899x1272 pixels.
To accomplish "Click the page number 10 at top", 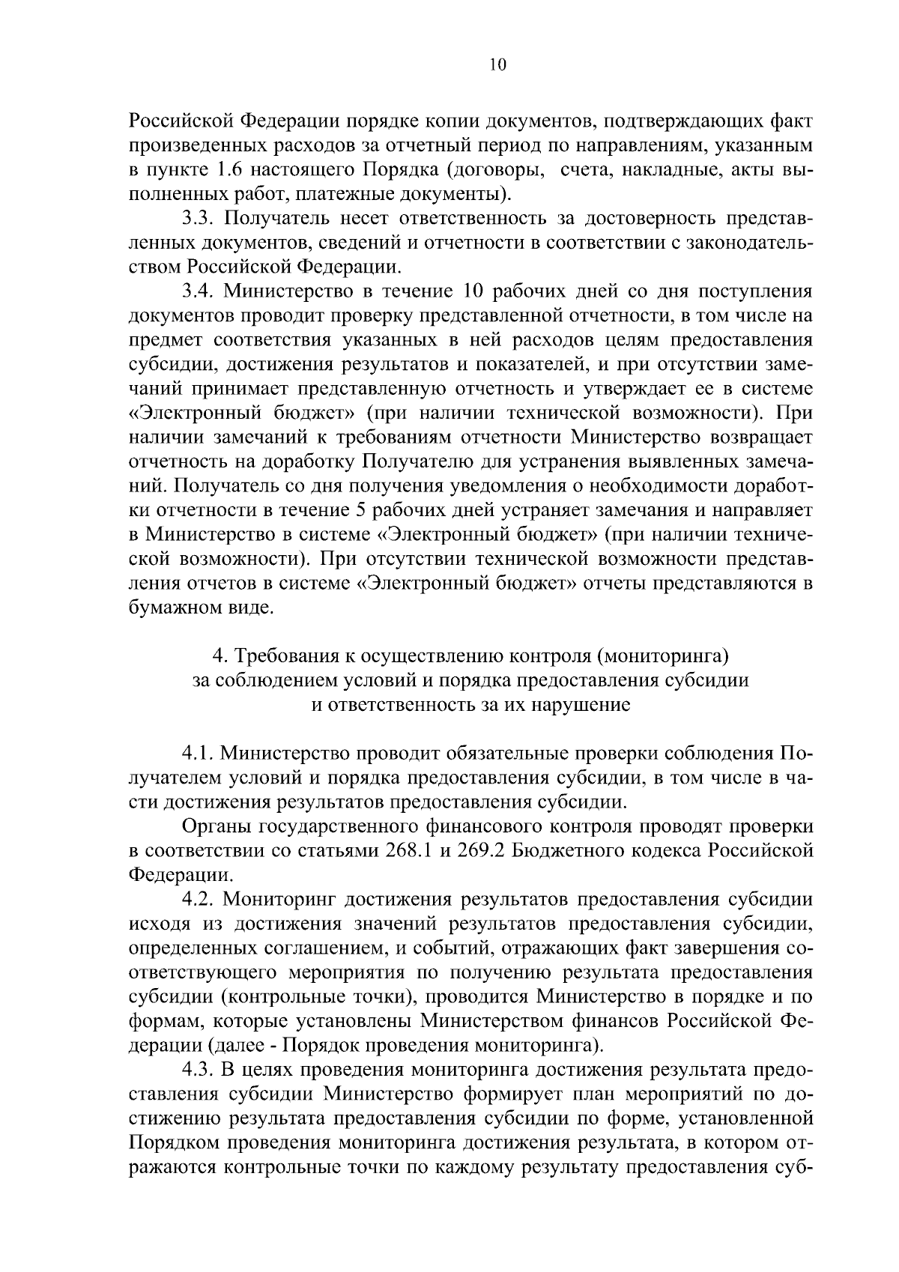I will (497, 64).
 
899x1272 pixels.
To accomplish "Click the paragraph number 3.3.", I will (199, 218).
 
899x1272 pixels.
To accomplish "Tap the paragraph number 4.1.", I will (199, 753).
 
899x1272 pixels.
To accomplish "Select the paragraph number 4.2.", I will (199, 900).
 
